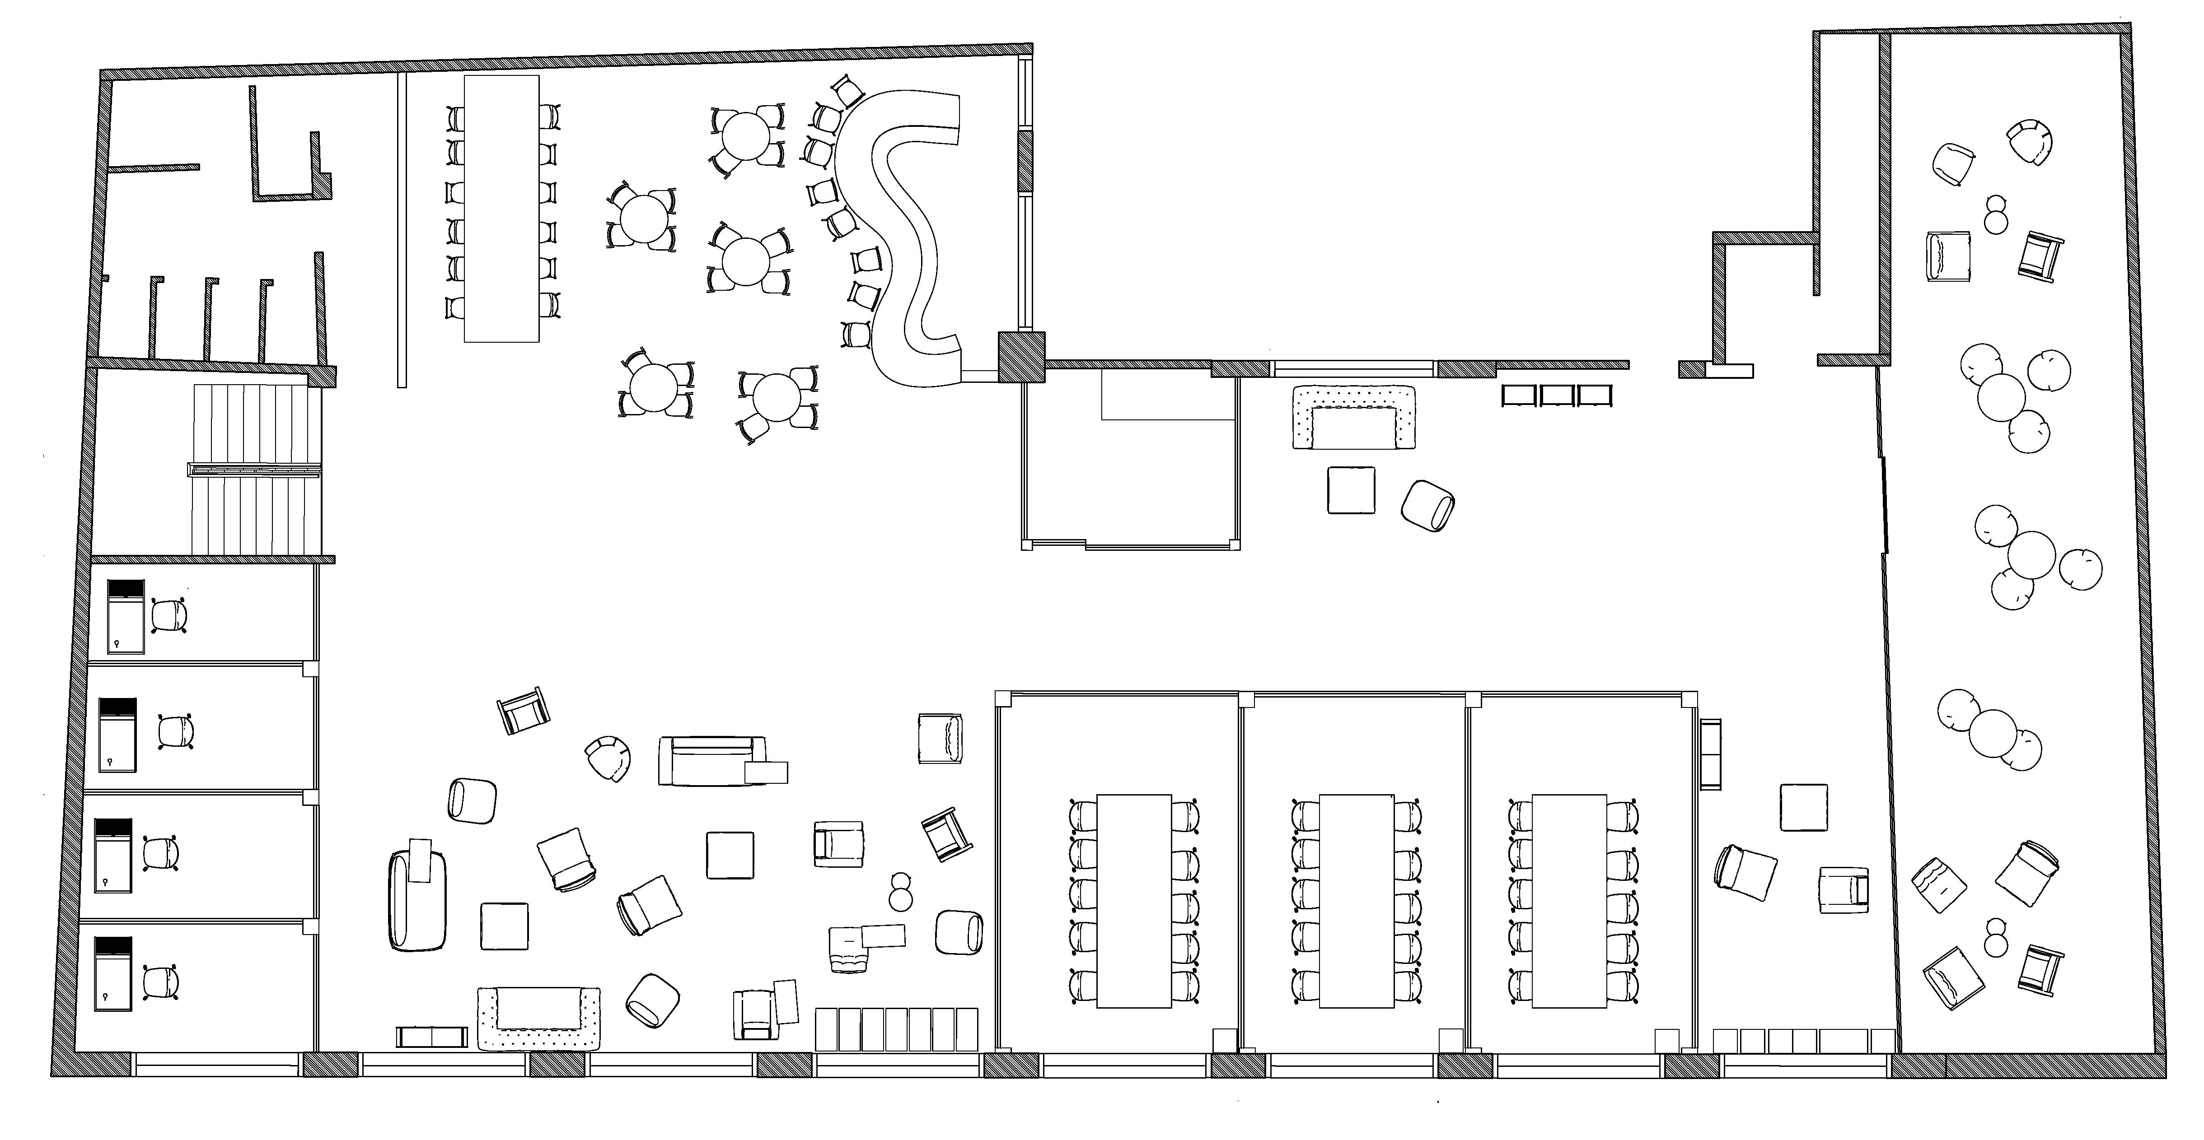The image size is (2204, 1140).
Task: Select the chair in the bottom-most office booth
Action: (160, 982)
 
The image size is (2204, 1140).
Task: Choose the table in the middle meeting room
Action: (1357, 901)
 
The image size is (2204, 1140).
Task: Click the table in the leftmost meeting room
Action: (1134, 901)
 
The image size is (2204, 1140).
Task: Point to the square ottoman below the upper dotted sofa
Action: (1351, 490)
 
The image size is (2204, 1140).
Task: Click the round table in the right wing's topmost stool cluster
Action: (2001, 398)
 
